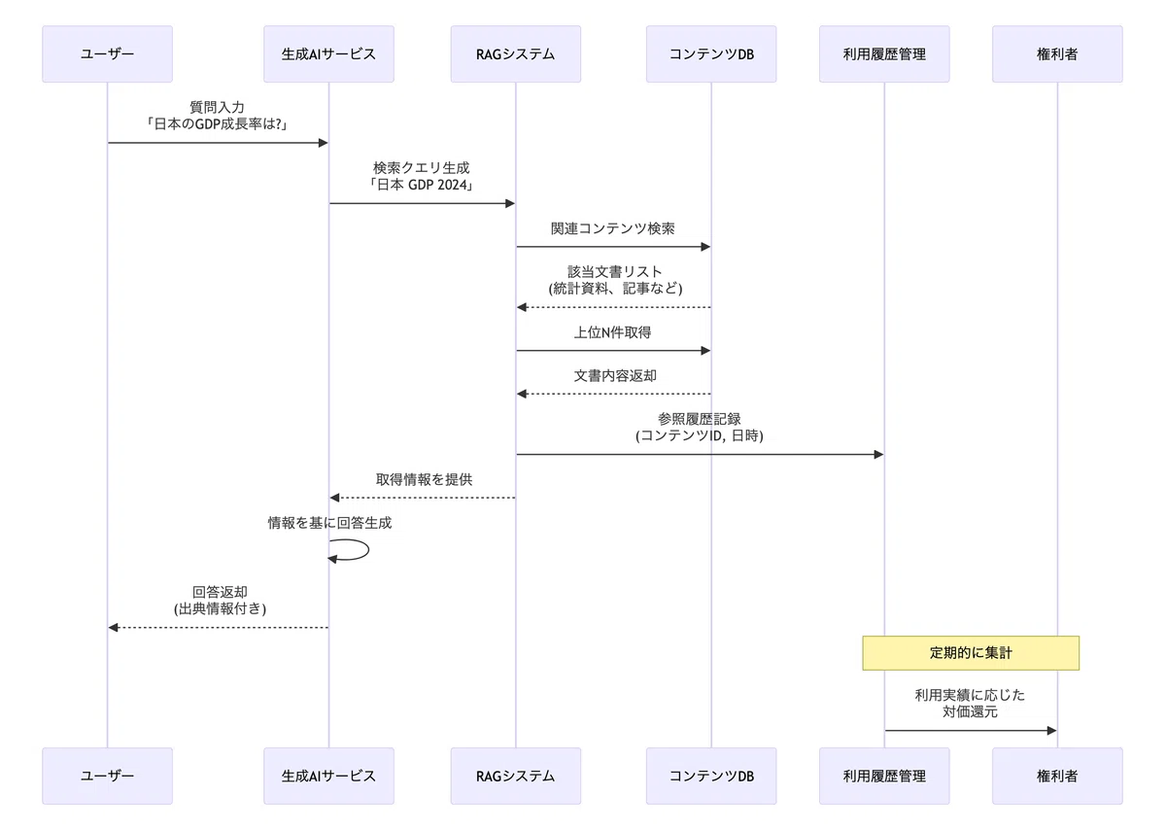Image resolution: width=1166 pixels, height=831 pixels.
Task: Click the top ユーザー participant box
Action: pos(107,54)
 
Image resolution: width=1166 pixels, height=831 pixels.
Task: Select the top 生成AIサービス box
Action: pos(328,54)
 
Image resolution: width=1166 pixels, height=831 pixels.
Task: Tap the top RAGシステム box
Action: pos(515,54)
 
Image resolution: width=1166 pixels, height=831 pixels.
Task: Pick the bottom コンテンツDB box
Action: pos(711,776)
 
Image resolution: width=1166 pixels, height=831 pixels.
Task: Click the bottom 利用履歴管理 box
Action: pos(884,776)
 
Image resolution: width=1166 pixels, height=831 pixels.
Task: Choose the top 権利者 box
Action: pos(1057,54)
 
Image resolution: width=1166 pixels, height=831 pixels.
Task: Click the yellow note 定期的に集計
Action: pos(971,653)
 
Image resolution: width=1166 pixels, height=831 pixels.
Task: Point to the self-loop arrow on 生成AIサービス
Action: pos(367,550)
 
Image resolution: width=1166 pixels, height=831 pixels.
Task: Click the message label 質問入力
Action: pos(217,107)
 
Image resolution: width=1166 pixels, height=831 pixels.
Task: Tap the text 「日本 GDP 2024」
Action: pos(421,185)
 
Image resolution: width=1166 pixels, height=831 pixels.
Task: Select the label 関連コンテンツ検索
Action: pos(613,228)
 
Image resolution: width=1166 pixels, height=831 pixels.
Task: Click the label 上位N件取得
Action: pos(613,332)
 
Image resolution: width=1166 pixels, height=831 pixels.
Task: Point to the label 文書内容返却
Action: pos(615,376)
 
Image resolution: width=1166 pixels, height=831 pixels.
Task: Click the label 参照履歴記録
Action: pos(699,419)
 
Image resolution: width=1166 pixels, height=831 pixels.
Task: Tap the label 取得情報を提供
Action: pos(424,479)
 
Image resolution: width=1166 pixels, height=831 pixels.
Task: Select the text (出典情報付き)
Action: pos(220,608)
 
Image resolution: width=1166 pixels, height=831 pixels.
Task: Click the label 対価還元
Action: pos(970,711)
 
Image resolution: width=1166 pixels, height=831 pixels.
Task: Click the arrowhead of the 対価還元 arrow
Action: pos(1052,731)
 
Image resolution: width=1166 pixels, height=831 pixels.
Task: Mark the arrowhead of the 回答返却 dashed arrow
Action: pos(113,628)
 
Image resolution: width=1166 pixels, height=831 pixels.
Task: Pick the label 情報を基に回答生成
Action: pos(329,523)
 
